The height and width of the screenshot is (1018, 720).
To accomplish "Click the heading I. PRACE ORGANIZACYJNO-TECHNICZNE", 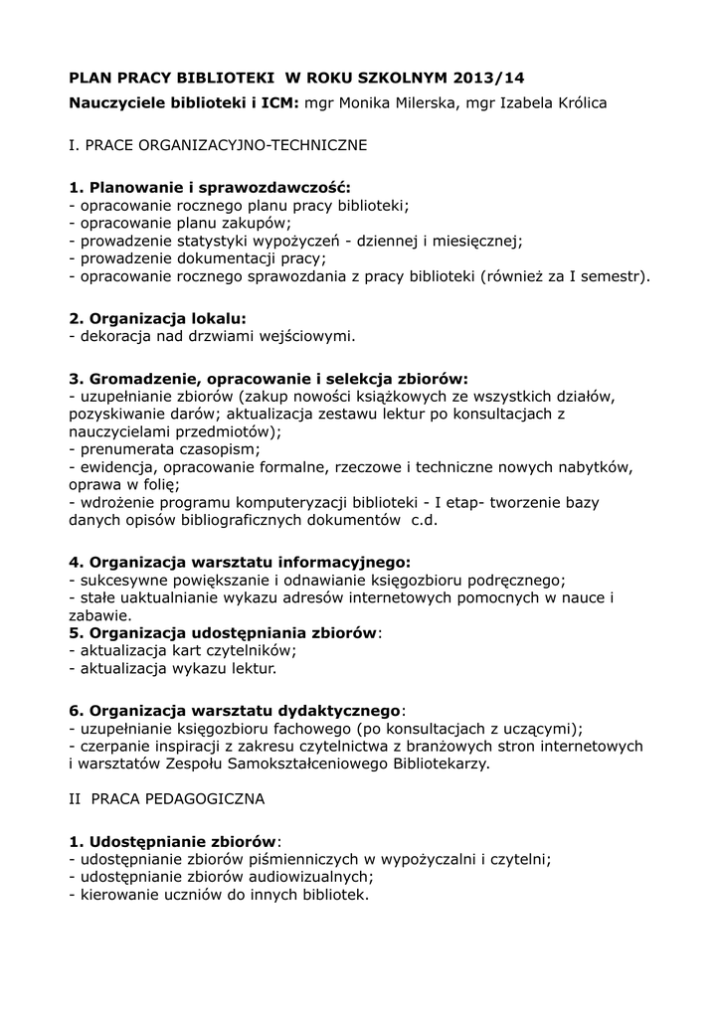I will (218, 145).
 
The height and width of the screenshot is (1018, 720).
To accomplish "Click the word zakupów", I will (256, 223).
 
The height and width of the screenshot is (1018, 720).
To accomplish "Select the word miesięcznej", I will (479, 241).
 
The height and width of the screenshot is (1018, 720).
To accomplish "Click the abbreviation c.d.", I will (424, 520).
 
